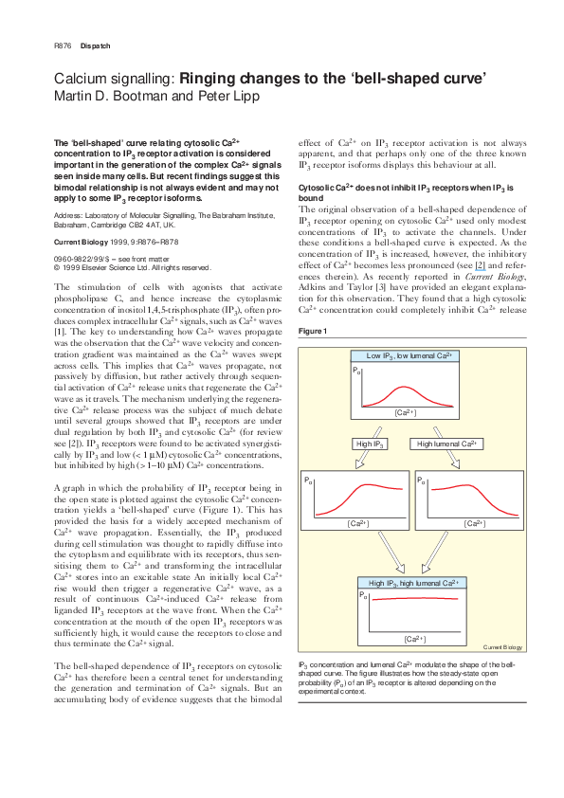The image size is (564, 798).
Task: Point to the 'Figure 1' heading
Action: tap(313, 331)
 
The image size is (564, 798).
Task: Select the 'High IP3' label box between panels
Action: tap(369, 444)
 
